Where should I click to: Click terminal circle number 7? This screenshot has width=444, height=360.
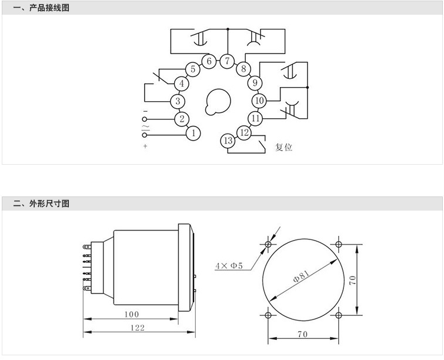point(227,61)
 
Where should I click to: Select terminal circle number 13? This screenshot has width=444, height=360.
point(228,141)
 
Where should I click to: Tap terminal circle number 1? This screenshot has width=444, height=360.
point(193,133)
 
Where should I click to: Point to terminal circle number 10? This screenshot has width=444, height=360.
point(259,101)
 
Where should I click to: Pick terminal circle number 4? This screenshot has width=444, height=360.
point(182,84)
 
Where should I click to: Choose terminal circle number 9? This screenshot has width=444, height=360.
point(255,83)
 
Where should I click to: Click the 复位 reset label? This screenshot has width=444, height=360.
point(283,147)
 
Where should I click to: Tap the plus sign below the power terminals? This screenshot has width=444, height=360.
point(145,146)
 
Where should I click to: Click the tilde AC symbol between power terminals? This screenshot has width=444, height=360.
point(145,126)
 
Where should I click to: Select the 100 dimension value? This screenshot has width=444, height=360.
point(132,314)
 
